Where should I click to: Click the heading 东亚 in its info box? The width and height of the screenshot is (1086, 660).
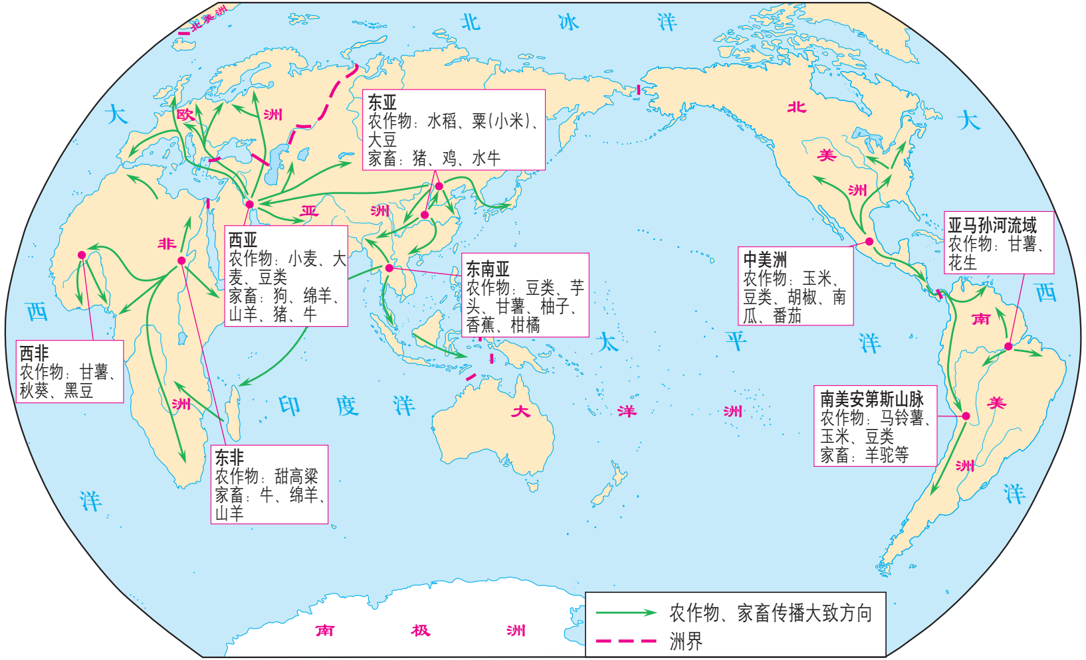(x=382, y=102)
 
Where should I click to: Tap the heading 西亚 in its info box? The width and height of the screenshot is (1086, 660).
(x=243, y=239)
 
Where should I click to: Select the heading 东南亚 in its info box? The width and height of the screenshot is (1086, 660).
(x=487, y=269)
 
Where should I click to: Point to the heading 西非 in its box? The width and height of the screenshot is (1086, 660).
(x=34, y=353)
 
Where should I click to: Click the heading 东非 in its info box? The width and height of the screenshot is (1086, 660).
(x=229, y=457)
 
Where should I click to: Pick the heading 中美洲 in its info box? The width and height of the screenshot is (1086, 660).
(x=765, y=260)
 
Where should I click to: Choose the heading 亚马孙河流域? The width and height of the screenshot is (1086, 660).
(x=992, y=225)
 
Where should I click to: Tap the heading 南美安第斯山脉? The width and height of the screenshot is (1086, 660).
(x=871, y=399)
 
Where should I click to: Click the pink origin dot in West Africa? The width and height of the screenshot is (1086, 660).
(x=82, y=255)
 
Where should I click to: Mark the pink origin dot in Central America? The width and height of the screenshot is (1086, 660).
(x=869, y=242)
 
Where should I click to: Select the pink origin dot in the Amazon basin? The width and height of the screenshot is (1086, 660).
(x=1008, y=347)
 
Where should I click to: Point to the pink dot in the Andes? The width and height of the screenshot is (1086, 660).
(x=966, y=416)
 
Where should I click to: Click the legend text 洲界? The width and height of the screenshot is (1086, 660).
(x=685, y=641)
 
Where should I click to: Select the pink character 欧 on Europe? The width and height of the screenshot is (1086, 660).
(x=185, y=115)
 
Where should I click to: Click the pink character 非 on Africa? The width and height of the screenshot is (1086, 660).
(x=166, y=244)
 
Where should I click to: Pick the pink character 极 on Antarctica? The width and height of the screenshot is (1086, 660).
(x=420, y=630)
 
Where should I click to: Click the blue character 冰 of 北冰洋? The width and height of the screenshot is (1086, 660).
(x=568, y=23)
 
